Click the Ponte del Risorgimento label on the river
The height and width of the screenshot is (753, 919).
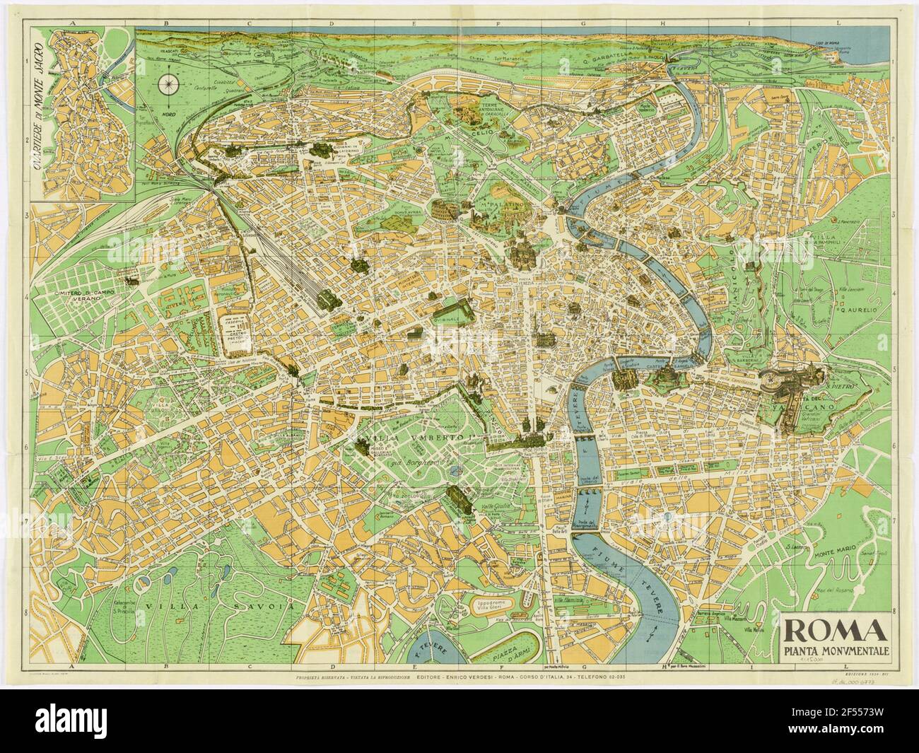coord(584,523)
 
